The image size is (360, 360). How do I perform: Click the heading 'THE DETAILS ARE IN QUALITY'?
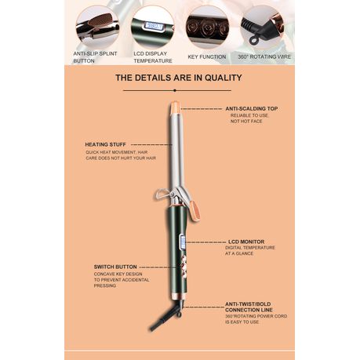pyautogui.click(x=179, y=78)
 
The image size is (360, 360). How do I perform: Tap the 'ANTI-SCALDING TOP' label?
pyautogui.click(x=252, y=108)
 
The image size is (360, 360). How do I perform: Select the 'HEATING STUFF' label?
pyautogui.click(x=105, y=144)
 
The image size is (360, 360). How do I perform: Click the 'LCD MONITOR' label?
pyautogui.click(x=246, y=242)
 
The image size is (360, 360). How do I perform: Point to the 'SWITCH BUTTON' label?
pyautogui.click(x=115, y=267)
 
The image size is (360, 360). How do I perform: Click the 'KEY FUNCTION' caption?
pyautogui.click(x=207, y=56)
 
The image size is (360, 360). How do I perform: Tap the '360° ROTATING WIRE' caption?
pyautogui.click(x=264, y=56)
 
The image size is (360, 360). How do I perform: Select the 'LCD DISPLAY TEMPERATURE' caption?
pyautogui.click(x=153, y=57)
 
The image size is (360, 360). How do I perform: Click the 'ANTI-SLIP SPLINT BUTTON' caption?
pyautogui.click(x=95, y=57)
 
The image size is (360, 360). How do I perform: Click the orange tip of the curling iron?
pyautogui.click(x=175, y=107)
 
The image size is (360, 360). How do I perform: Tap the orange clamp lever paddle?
pyautogui.click(x=195, y=211)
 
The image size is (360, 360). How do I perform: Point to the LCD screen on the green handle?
pyautogui.click(x=183, y=242)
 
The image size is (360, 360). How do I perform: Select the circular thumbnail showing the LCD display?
pyautogui.click(x=152, y=27)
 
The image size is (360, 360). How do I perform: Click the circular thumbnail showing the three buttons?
pyautogui.click(x=208, y=27)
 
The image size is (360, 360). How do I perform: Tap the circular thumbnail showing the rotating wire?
pyautogui.click(x=262, y=27)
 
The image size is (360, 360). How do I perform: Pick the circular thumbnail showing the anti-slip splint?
pyautogui.click(x=97, y=27)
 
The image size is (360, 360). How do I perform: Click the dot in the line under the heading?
pyautogui.click(x=175, y=90)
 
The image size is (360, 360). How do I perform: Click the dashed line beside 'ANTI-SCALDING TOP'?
pyautogui.click(x=202, y=109)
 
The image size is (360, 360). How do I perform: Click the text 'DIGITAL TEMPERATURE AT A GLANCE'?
pyautogui.click(x=250, y=250)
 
